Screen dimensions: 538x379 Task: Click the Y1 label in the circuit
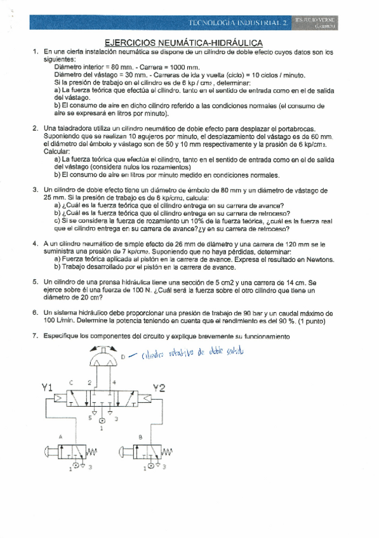click(x=46, y=387)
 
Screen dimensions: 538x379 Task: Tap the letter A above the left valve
click(x=61, y=437)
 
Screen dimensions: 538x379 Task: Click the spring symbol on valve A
click(x=92, y=452)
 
